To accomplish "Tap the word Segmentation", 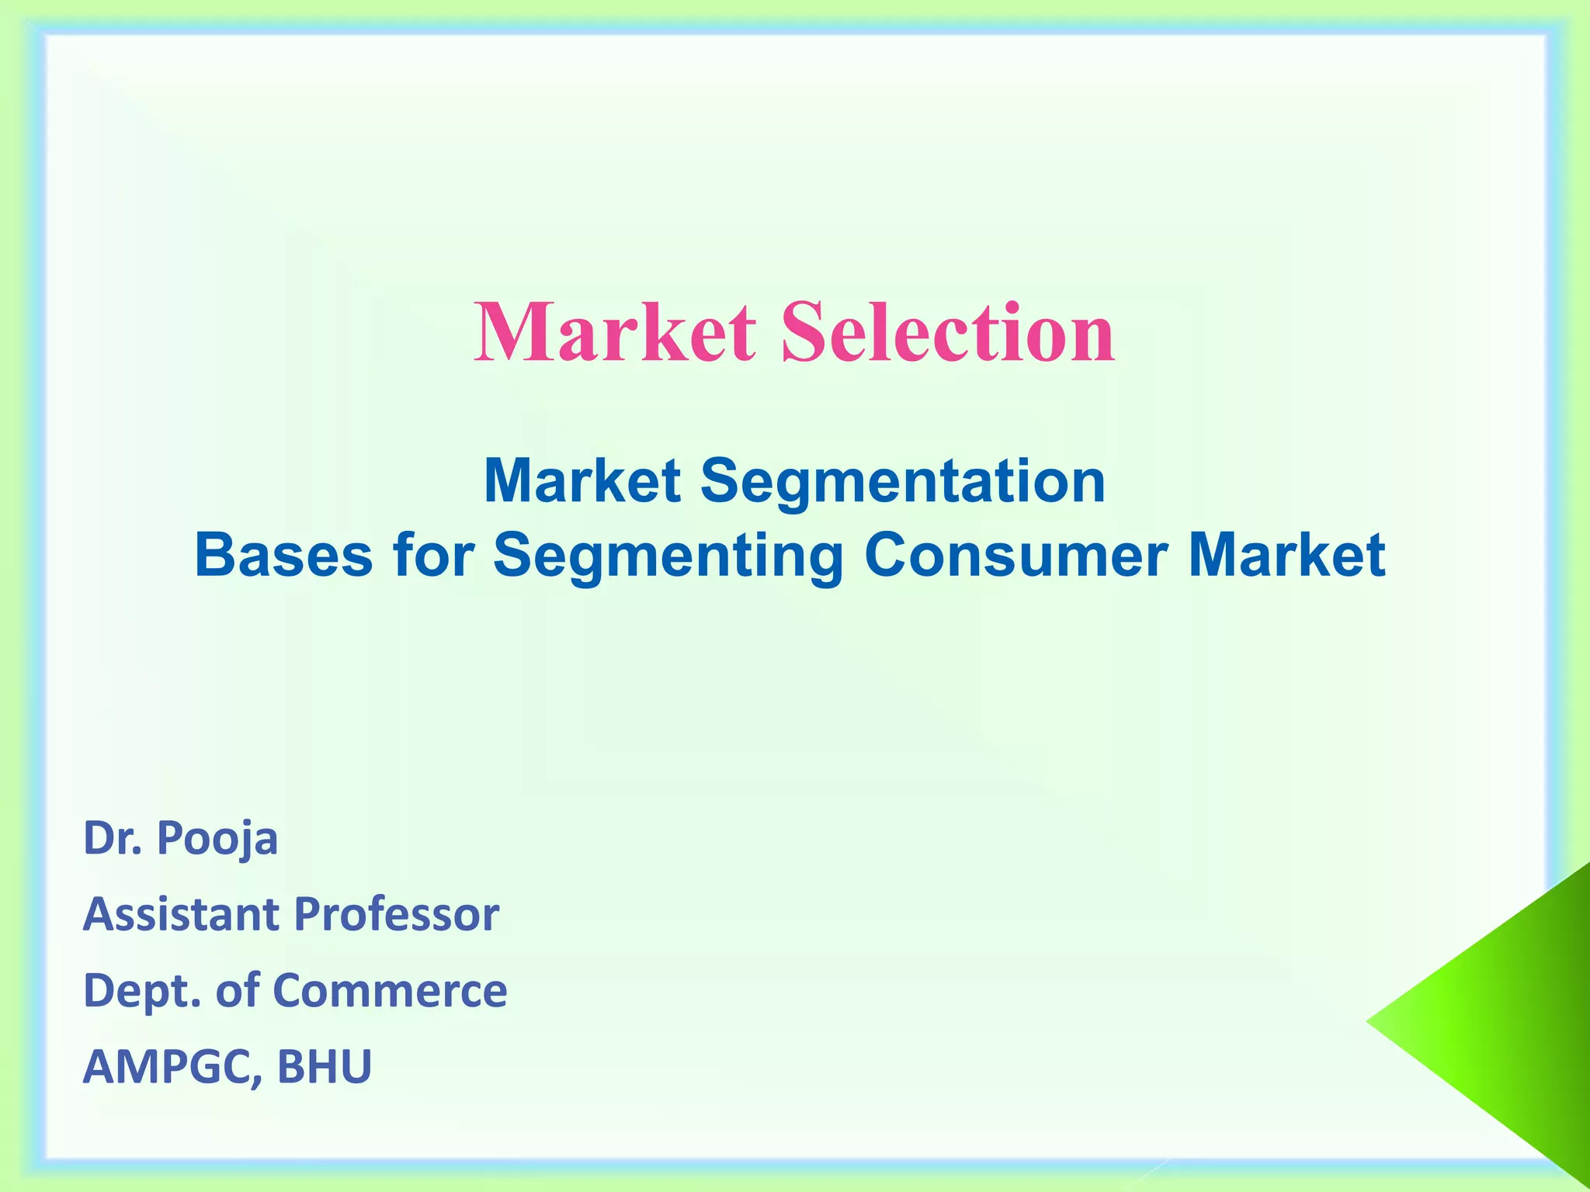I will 903,482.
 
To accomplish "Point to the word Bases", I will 283,555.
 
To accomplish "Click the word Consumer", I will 1015,555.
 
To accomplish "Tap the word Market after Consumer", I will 1287,555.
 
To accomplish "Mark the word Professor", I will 397,914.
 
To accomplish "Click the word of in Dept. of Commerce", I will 238,990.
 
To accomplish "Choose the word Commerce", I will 390,990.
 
